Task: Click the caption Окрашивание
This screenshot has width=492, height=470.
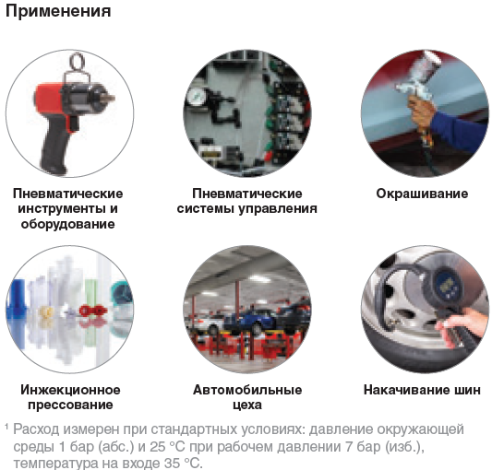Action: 422,194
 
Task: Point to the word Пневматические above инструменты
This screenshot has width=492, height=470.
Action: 68,194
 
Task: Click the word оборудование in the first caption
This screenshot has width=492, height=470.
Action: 68,223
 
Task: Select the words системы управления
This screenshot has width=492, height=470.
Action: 246,208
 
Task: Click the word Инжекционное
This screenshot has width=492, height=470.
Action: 68,390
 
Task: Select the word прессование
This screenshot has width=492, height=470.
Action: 68,405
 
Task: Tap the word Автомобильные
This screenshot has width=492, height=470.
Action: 246,390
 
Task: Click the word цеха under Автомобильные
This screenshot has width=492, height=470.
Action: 246,405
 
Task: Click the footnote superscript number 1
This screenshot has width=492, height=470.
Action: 6,427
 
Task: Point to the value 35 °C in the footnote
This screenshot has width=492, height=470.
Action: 174,462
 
